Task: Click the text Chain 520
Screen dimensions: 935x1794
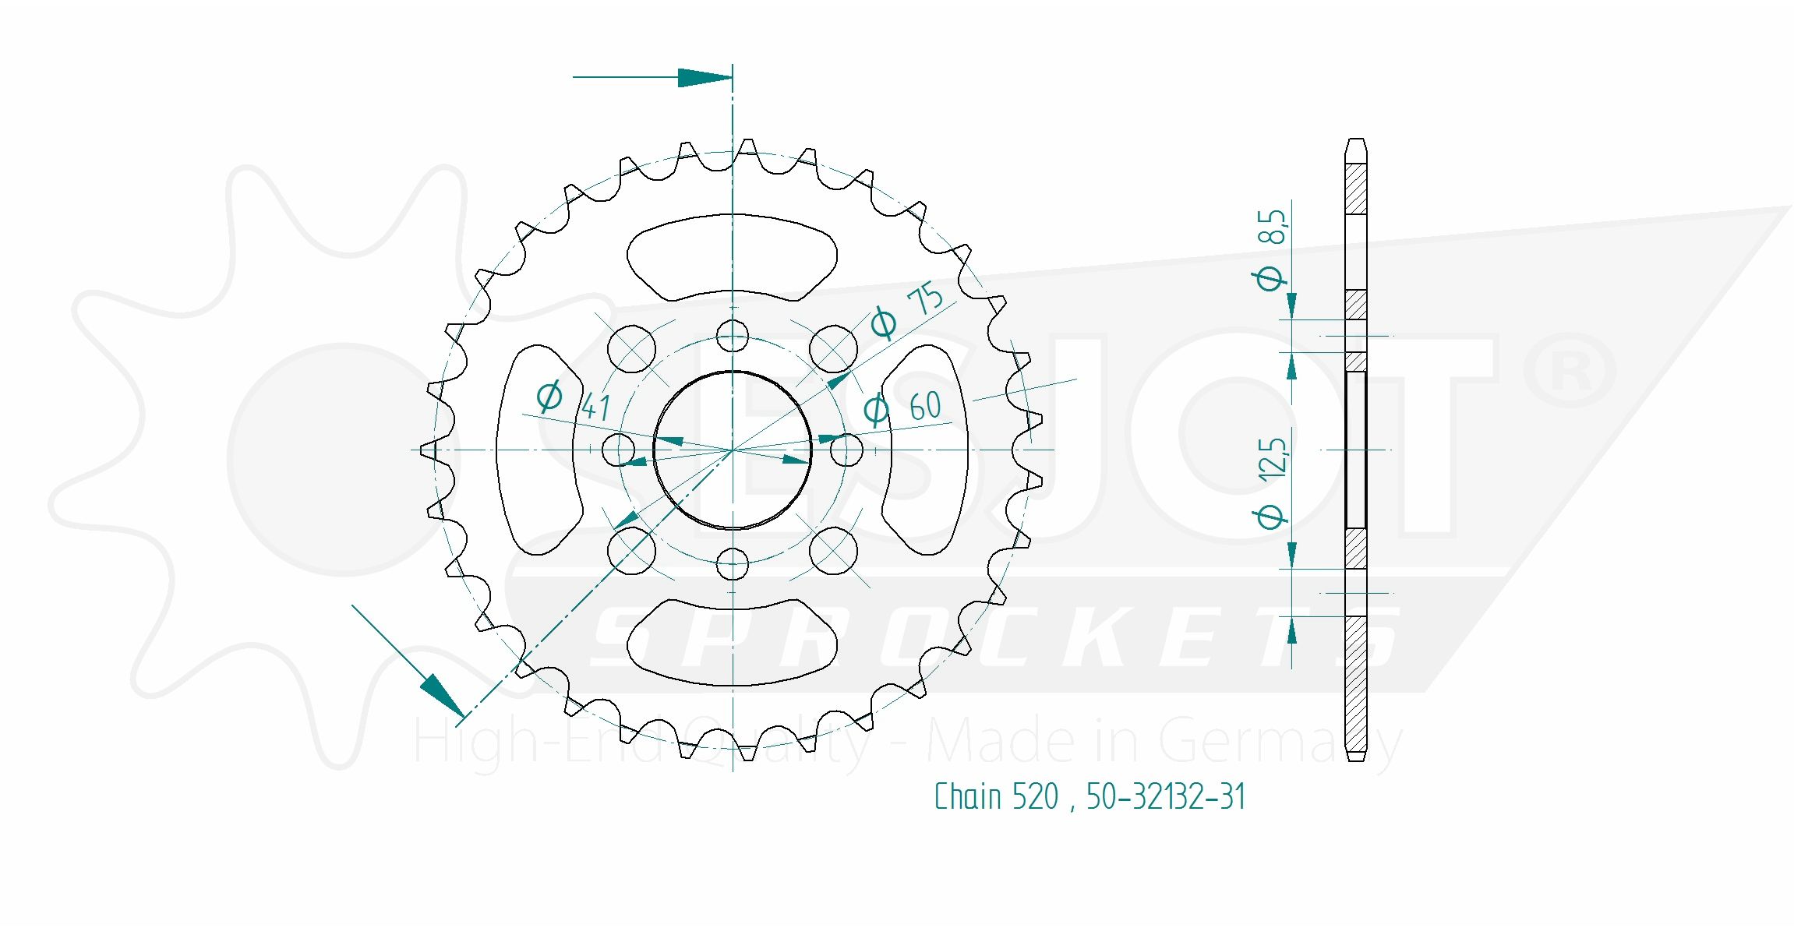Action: (x=996, y=797)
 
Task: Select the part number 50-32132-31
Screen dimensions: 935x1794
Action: (x=1165, y=797)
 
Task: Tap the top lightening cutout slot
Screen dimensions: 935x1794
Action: (x=733, y=257)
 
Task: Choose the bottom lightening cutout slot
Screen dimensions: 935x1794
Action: (x=733, y=642)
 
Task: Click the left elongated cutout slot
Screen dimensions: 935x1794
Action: (x=538, y=450)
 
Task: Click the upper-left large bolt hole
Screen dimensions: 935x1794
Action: (x=631, y=348)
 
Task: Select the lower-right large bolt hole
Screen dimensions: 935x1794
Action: (x=834, y=550)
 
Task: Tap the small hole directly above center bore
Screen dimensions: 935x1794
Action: (x=733, y=337)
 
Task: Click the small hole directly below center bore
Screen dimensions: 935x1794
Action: (x=733, y=564)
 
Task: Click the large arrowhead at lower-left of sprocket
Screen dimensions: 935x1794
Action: (x=441, y=693)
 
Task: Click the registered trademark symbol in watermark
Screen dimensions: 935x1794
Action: (x=1569, y=370)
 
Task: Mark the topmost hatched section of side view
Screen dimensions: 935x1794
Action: (x=1356, y=189)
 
